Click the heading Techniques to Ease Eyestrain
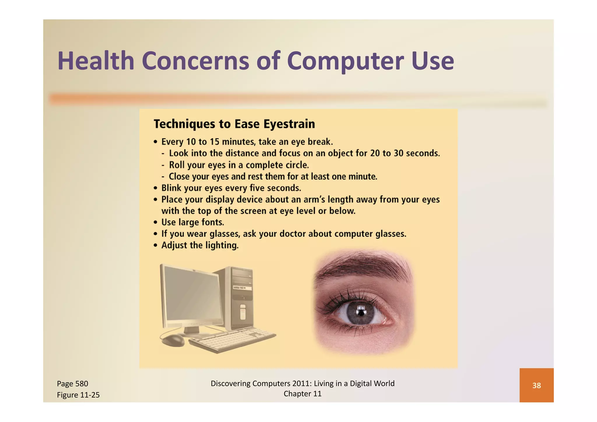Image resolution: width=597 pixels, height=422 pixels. (234, 124)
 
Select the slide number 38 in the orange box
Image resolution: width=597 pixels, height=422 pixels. (536, 385)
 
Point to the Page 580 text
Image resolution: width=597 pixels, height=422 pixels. (73, 384)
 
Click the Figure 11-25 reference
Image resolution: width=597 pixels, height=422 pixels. (78, 395)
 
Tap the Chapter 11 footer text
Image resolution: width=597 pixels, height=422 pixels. (302, 394)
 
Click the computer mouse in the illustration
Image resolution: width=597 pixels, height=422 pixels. (173, 340)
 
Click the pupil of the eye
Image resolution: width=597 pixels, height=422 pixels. (361, 313)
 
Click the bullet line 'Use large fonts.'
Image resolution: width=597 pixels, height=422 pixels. (192, 222)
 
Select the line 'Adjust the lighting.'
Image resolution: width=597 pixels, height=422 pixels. (200, 245)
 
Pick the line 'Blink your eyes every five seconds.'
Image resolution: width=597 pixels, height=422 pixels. (231, 188)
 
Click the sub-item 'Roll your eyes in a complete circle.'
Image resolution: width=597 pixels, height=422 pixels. (239, 165)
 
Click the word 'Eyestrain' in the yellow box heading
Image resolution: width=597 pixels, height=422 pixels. (289, 124)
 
